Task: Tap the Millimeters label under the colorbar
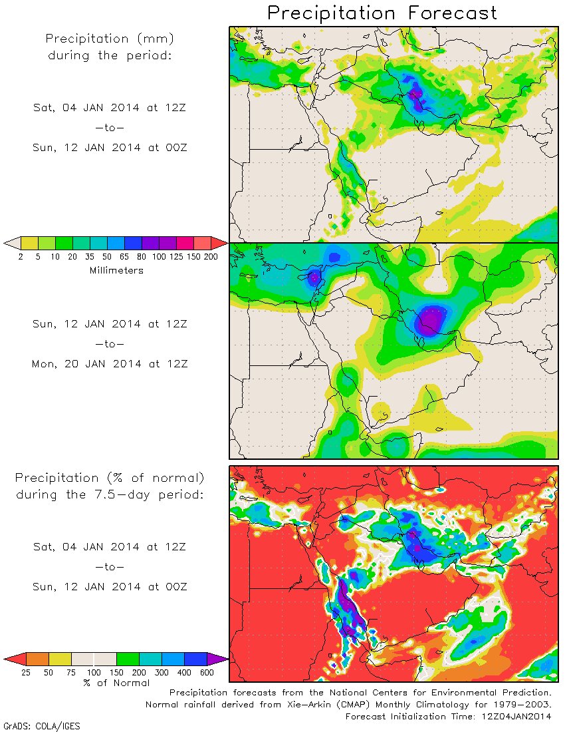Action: (x=116, y=270)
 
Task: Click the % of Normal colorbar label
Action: (x=116, y=683)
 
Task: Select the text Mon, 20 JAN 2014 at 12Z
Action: (x=110, y=364)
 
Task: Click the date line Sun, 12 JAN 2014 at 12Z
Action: (x=110, y=324)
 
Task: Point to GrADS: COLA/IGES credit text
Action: (x=41, y=726)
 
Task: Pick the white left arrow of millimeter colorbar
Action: (x=12, y=242)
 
